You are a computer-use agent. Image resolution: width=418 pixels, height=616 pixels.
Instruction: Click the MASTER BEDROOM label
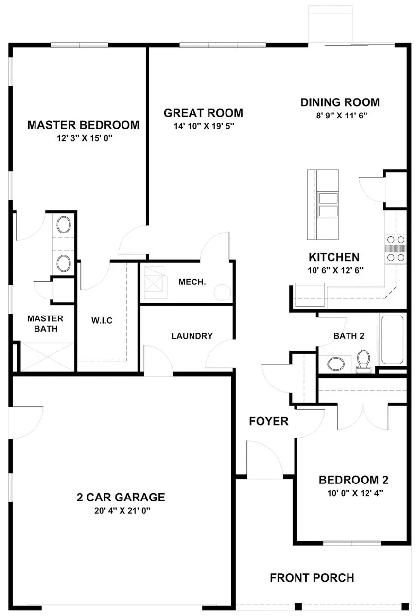click(83, 125)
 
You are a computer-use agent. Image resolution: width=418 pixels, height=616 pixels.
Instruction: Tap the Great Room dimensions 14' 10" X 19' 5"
click(203, 126)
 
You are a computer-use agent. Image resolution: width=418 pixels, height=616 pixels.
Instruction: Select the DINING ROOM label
click(340, 102)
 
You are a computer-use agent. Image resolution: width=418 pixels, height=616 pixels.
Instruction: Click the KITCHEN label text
click(334, 257)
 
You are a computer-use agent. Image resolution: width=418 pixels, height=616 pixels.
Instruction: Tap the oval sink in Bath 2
click(335, 363)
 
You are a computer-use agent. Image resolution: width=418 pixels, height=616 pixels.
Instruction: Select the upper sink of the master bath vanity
click(64, 225)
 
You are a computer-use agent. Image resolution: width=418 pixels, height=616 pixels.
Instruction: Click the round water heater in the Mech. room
click(223, 292)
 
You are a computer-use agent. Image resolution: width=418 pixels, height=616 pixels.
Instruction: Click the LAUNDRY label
click(192, 336)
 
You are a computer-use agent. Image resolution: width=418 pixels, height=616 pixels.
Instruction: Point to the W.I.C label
click(102, 321)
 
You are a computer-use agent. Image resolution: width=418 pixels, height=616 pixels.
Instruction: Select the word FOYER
click(269, 421)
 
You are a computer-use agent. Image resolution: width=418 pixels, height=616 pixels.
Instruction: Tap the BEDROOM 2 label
click(353, 481)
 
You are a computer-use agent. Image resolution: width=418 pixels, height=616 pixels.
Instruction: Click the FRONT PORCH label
click(312, 578)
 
